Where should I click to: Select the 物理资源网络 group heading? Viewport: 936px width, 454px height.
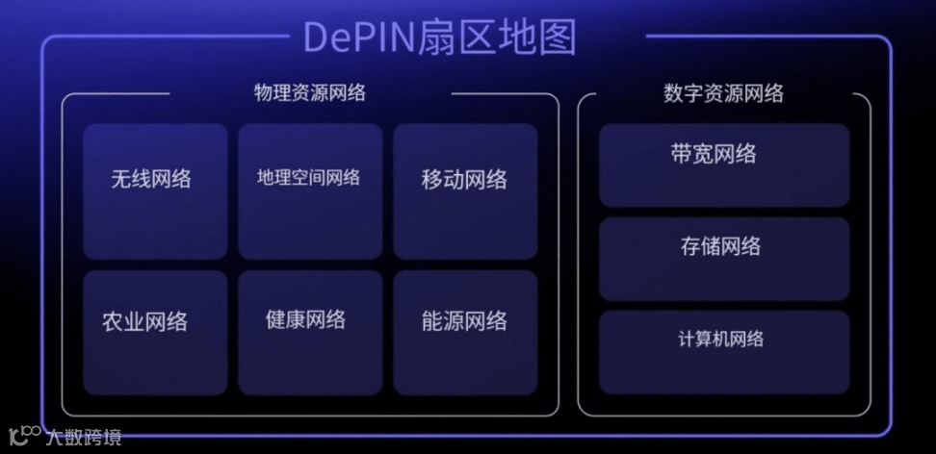coord(310,93)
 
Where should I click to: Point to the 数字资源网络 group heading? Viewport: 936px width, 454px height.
coord(723,93)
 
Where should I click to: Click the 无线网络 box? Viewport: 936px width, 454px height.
coord(155,191)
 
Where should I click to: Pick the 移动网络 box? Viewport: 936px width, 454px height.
coord(464,191)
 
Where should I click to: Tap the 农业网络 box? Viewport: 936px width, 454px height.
coord(155,333)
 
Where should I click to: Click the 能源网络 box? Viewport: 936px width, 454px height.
coord(464,333)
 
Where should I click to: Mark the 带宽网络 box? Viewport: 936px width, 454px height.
coord(724,164)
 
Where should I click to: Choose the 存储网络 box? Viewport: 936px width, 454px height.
coord(724,259)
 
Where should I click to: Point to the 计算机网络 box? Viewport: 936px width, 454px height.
coord(724,352)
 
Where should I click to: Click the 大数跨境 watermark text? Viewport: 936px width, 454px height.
coord(84,439)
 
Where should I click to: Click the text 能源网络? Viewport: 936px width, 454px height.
coord(464,321)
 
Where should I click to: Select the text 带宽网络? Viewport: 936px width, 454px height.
coord(714,154)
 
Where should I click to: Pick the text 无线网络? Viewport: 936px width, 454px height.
coord(151,179)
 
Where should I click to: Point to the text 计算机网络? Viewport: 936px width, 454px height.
coord(721,340)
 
